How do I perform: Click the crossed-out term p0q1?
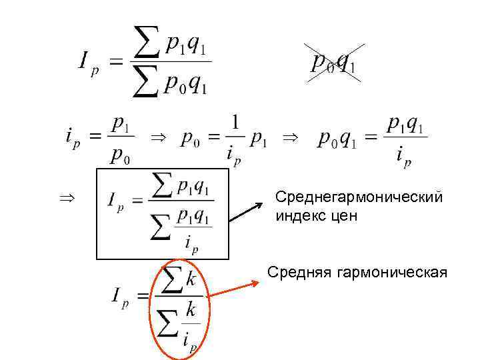pyautogui.click(x=333, y=63)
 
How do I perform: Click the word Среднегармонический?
pyautogui.click(x=359, y=198)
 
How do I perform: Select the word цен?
pyautogui.click(x=344, y=216)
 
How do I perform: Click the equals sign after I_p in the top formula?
pyautogui.click(x=116, y=63)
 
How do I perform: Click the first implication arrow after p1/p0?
pyautogui.click(x=157, y=137)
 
